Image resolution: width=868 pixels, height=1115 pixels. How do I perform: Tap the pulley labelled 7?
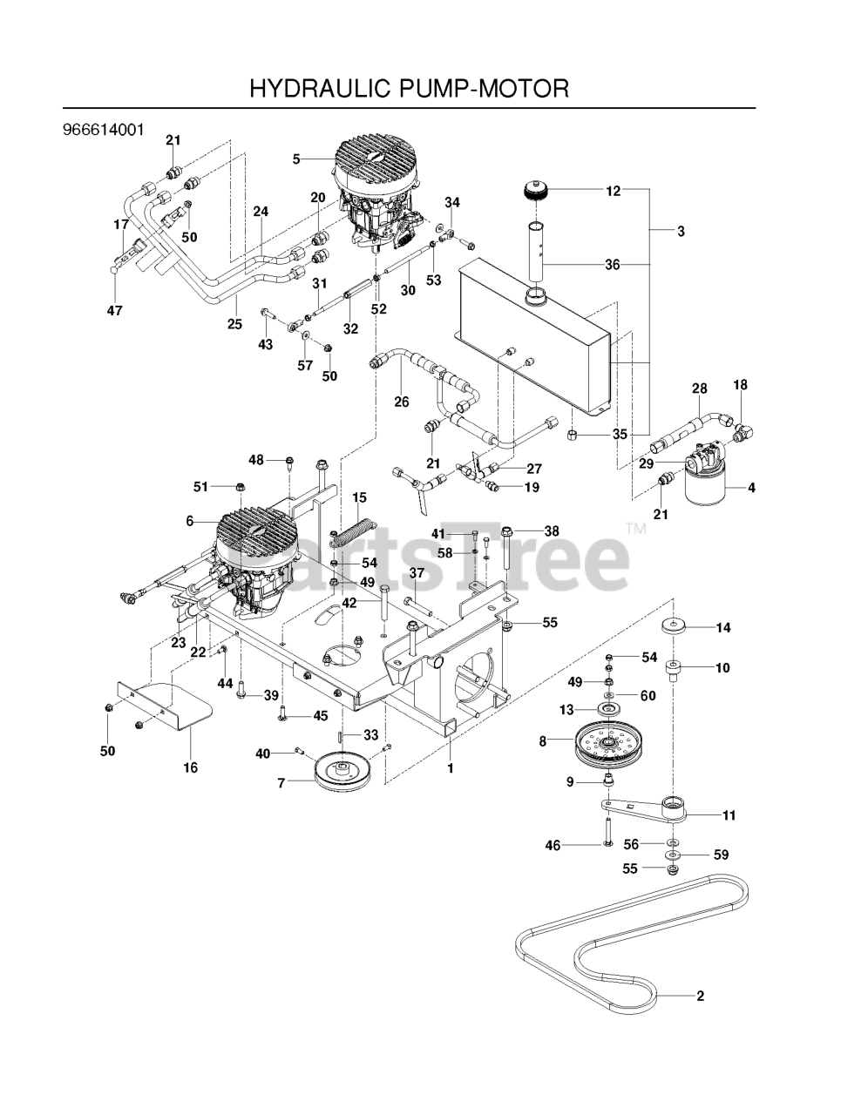pyautogui.click(x=341, y=773)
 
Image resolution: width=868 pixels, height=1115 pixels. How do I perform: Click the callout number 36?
pyautogui.click(x=613, y=264)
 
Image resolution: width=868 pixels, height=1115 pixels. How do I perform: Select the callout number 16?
pyautogui.click(x=190, y=767)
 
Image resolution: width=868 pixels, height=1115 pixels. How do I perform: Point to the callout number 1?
pyautogui.click(x=451, y=768)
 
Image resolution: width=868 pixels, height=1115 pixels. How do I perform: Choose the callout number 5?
pyautogui.click(x=296, y=159)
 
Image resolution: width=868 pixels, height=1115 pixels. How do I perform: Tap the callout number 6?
pyautogui.click(x=189, y=521)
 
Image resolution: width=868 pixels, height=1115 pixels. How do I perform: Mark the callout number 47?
pyautogui.click(x=115, y=310)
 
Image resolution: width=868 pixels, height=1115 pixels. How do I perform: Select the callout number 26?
pyautogui.click(x=401, y=402)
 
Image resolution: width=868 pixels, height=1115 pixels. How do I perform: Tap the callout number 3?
pyautogui.click(x=681, y=232)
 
